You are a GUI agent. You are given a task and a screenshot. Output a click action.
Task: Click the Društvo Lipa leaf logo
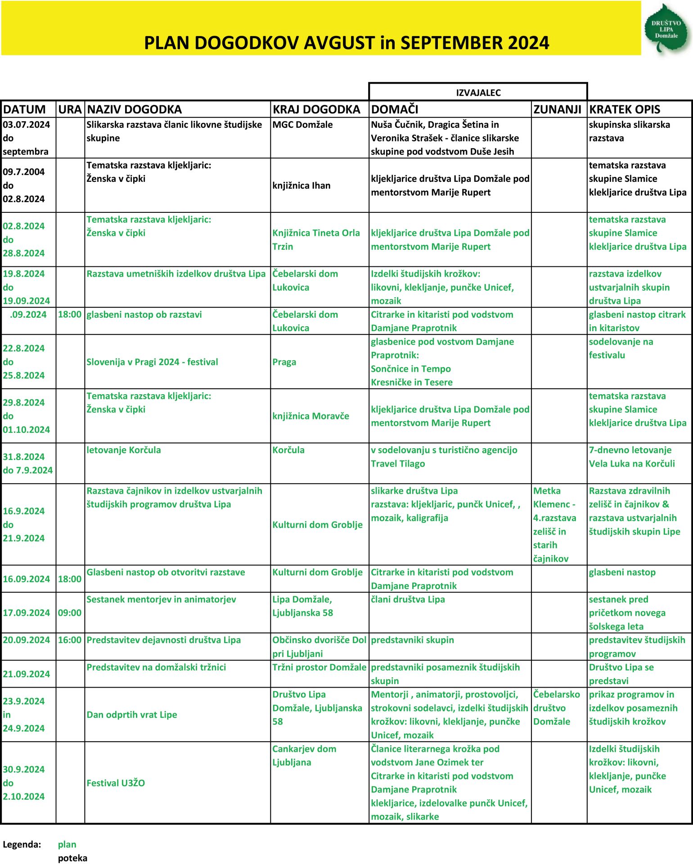pyautogui.click(x=667, y=29)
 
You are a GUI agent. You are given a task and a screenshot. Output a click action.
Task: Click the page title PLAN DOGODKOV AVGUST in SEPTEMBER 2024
pyautogui.click(x=346, y=43)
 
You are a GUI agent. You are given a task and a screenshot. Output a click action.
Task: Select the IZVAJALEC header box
pyautogui.click(x=478, y=93)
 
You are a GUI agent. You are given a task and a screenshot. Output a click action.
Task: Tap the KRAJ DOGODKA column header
pyautogui.click(x=316, y=109)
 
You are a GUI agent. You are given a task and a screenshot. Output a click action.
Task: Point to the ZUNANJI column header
pyautogui.click(x=557, y=109)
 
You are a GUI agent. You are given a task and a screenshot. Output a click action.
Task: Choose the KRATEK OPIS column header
pyautogui.click(x=625, y=109)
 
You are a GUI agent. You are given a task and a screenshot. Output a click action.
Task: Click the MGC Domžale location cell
pyautogui.click(x=302, y=125)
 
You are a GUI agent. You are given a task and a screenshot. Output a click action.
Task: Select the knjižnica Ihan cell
pyautogui.click(x=301, y=185)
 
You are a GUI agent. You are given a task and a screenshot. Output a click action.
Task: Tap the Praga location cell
pyautogui.click(x=284, y=362)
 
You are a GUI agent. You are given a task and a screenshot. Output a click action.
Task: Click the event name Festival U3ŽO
pyautogui.click(x=116, y=783)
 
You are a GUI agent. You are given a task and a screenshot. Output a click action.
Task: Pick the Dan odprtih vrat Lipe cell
pyautogui.click(x=131, y=715)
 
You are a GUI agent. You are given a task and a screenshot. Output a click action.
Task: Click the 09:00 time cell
pyautogui.click(x=70, y=613)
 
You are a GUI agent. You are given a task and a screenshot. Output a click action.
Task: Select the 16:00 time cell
pyautogui.click(x=70, y=640)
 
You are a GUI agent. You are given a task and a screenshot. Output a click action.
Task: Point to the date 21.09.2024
pyautogui.click(x=26, y=674)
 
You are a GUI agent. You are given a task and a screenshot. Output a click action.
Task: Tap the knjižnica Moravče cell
pyautogui.click(x=310, y=416)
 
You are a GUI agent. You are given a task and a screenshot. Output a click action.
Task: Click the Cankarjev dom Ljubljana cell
pyautogui.click(x=304, y=756)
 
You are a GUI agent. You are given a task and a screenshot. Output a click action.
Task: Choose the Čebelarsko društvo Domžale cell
pyautogui.click(x=556, y=708)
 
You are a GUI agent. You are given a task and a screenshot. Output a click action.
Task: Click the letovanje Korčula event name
pyautogui.click(x=123, y=450)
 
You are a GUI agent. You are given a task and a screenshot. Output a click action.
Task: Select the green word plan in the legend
pyautogui.click(x=67, y=844)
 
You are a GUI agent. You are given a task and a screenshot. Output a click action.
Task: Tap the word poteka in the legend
pyautogui.click(x=72, y=858)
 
